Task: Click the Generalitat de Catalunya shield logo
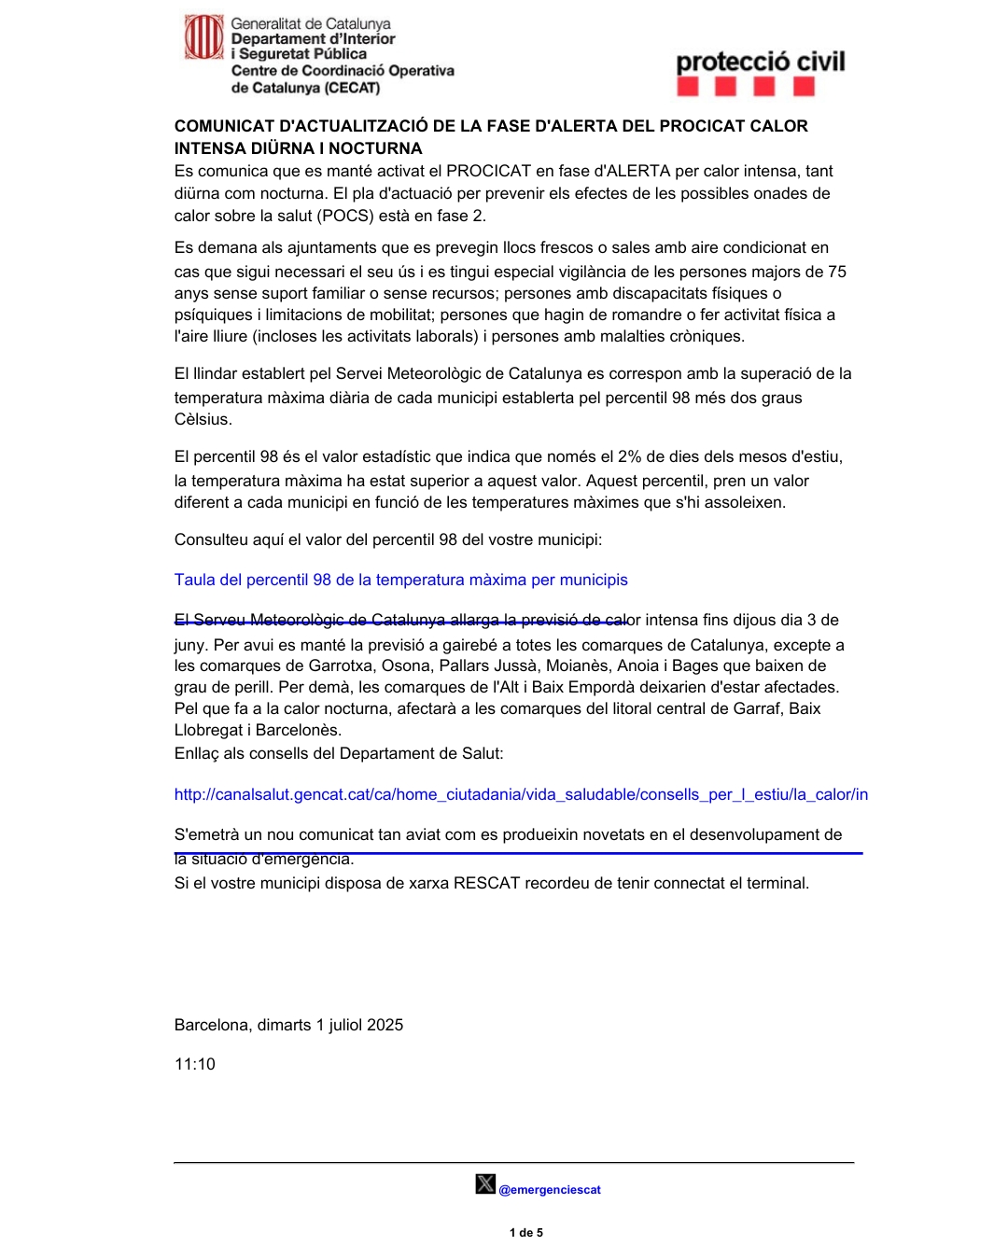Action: pos(203,37)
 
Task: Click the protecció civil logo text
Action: pos(760,63)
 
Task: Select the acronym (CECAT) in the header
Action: pos(352,88)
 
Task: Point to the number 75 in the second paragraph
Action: pos(836,272)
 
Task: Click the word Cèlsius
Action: pos(203,419)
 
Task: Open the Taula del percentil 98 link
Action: pos(400,580)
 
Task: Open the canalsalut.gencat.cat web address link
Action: pos(521,794)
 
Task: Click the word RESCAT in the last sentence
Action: pos(484,883)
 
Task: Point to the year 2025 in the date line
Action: pos(385,1025)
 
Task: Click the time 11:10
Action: pos(195,1064)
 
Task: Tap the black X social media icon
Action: pos(485,1184)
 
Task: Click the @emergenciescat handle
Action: pos(550,1190)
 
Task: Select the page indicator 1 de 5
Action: pos(526,1233)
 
